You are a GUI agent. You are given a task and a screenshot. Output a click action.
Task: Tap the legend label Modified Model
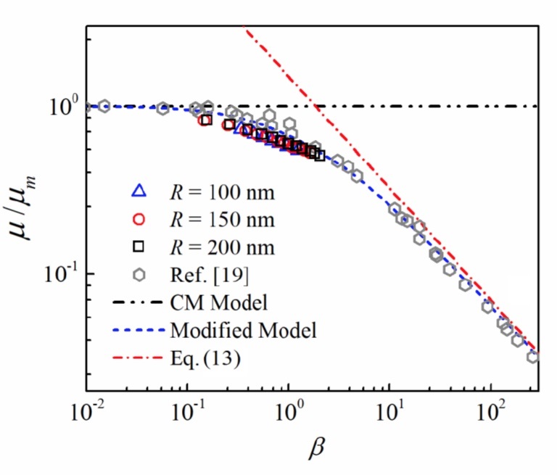click(x=243, y=330)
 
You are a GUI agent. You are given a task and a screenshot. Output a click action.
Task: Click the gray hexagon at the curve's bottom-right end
click(x=534, y=356)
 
